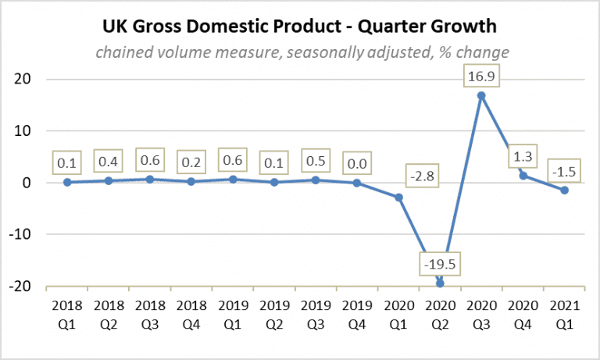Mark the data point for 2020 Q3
point(481,95)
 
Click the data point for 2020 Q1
point(398,197)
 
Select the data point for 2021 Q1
point(564,191)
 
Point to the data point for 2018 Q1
point(66,182)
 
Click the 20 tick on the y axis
point(30,80)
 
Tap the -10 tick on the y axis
point(26,234)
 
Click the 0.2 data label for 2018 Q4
point(191,163)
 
